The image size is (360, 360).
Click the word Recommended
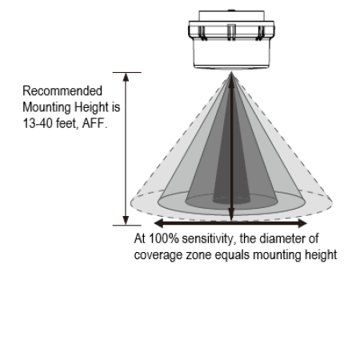pos(62,91)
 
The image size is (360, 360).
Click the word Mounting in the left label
pos(46,107)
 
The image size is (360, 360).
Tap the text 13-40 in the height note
pos(38,123)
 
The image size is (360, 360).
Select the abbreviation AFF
pos(95,123)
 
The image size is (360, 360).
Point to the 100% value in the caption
pos(164,238)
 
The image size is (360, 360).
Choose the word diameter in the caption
pos(282,238)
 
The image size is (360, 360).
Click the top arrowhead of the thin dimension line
pos(126,77)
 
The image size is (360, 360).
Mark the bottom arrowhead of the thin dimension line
pos(126,221)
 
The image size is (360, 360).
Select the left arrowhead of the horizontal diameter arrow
pos(158,223)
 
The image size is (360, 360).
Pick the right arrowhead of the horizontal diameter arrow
pos(302,223)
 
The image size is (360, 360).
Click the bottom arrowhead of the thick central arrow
pos(231,215)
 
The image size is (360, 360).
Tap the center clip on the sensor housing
pos(231,32)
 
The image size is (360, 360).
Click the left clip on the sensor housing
pos(202,33)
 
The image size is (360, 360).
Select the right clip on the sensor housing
pos(260,33)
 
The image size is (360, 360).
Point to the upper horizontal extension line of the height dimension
pos(127,72)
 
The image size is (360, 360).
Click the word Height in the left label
pos(91,107)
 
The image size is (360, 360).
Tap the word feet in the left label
pos(67,123)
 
